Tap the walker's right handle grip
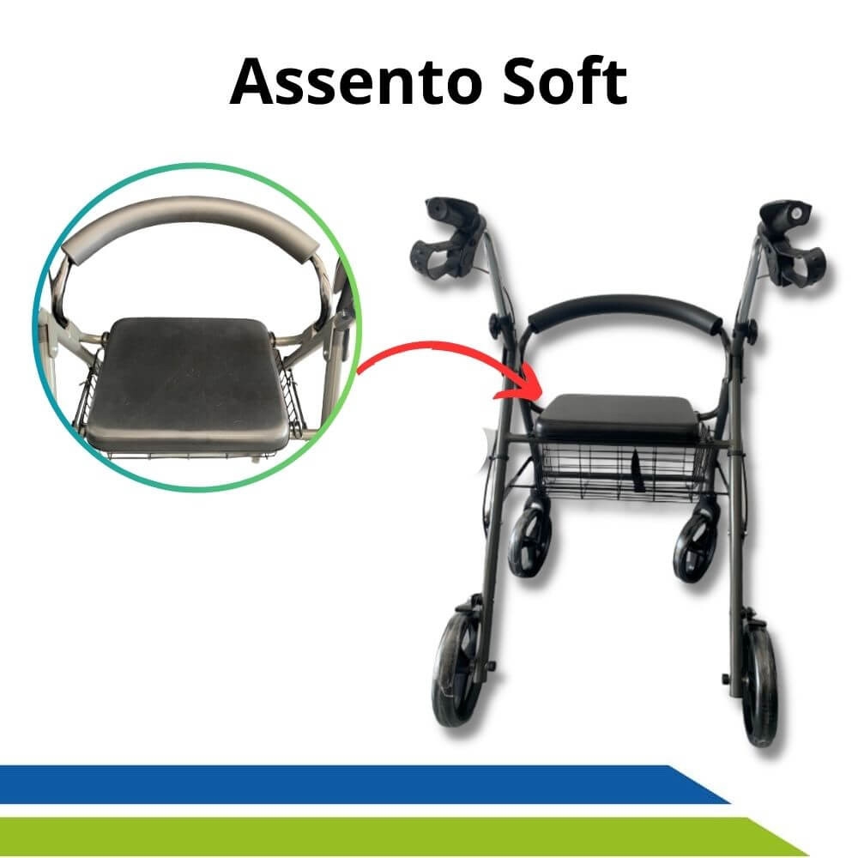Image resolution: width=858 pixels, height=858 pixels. [x=792, y=244]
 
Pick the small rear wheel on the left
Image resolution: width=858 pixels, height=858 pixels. [x=529, y=541]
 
